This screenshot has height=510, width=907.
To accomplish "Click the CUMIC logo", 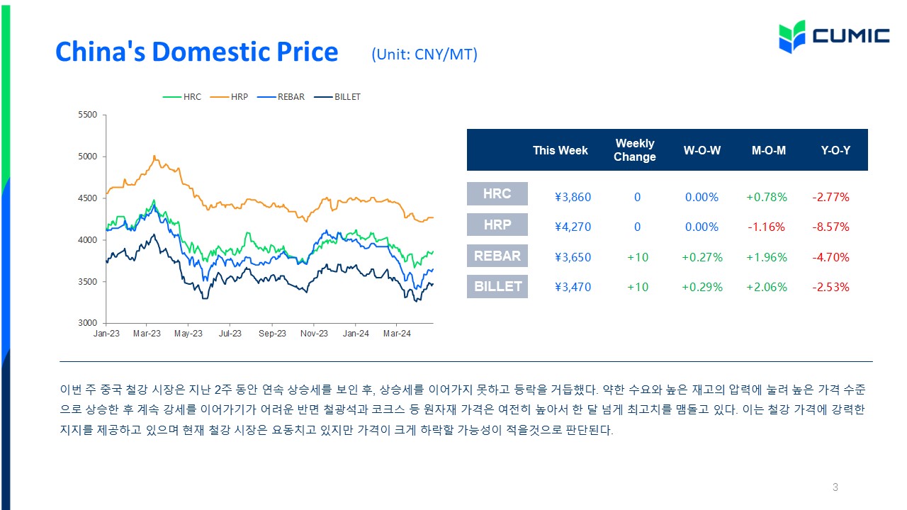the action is (834, 36).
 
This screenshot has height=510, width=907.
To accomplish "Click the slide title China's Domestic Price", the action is (197, 52).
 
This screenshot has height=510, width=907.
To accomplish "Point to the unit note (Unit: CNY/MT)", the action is (424, 55).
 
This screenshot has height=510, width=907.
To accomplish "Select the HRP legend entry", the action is (229, 97).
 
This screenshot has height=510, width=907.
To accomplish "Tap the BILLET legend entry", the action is (337, 97).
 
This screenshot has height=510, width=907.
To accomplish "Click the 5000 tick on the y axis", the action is (87, 157).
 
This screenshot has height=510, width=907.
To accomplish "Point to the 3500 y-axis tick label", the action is (87, 282).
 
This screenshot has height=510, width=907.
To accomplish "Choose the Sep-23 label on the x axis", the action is (272, 334).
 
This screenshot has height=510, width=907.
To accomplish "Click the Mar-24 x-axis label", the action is (397, 334).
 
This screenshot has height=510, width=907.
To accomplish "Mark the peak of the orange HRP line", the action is (154, 156).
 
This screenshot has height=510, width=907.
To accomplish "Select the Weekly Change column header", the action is (634, 150).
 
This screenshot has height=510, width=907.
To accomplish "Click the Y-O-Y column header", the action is (835, 151).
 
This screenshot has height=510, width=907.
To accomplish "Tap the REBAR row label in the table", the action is (497, 256).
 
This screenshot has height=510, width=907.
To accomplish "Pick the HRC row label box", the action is (497, 193).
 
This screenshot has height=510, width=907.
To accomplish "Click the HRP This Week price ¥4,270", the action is (573, 227).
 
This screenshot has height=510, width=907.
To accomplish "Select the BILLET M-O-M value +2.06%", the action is (767, 287).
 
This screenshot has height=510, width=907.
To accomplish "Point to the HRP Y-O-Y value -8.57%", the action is (830, 227).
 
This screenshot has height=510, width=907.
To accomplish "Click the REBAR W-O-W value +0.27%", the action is (702, 257).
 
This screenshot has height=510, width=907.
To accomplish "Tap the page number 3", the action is (835, 487).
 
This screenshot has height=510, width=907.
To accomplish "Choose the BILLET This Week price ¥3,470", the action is (573, 287).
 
